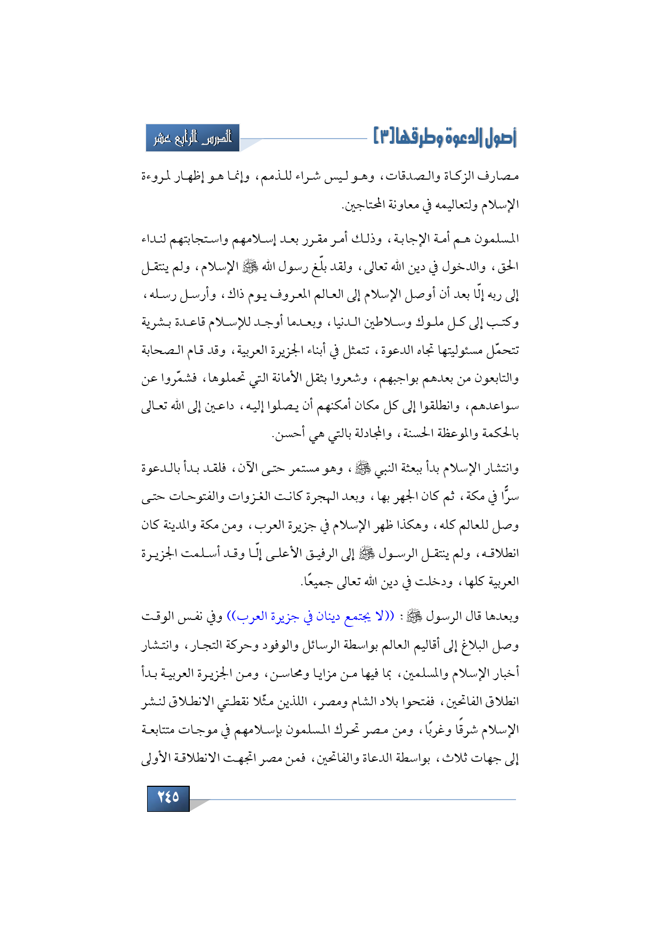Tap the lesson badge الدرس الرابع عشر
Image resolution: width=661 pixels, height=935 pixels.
coord(193,138)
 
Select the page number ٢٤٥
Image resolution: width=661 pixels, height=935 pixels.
coord(168,797)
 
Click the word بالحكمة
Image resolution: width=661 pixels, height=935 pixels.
coord(499,434)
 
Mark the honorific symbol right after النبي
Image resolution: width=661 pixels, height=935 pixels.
coord(363,469)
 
